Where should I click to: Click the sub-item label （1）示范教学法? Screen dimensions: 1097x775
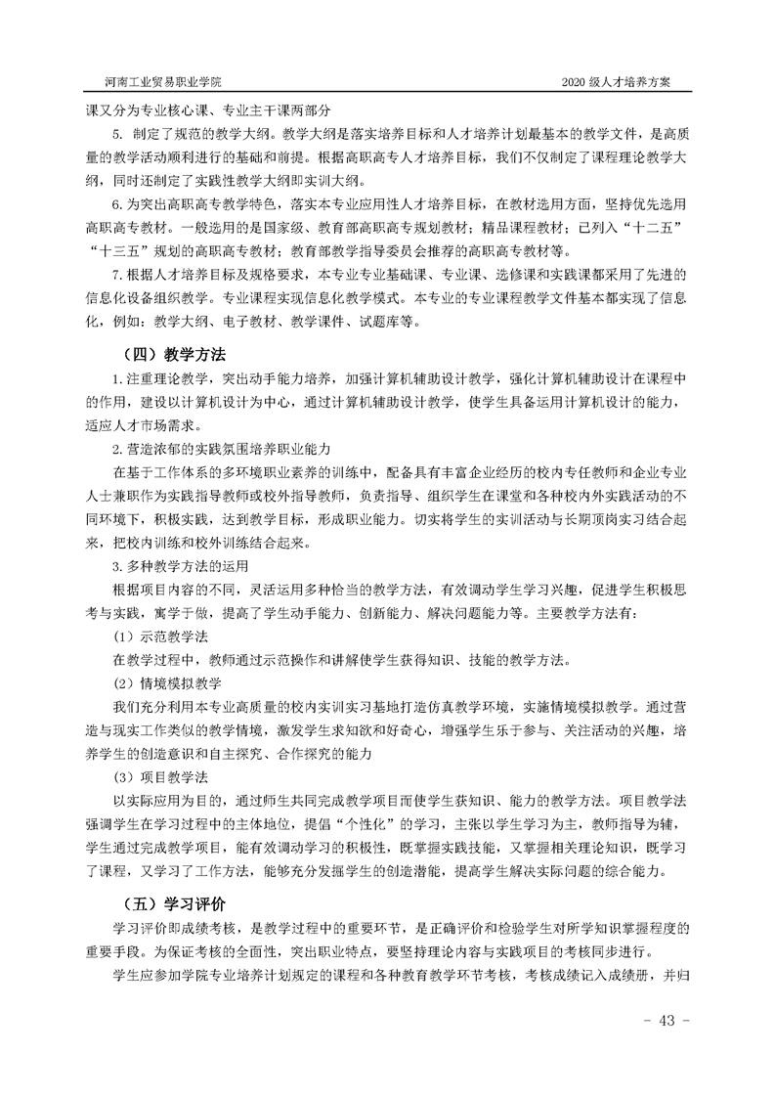coord(160,636)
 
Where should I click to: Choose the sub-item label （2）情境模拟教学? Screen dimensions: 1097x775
coord(167,681)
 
